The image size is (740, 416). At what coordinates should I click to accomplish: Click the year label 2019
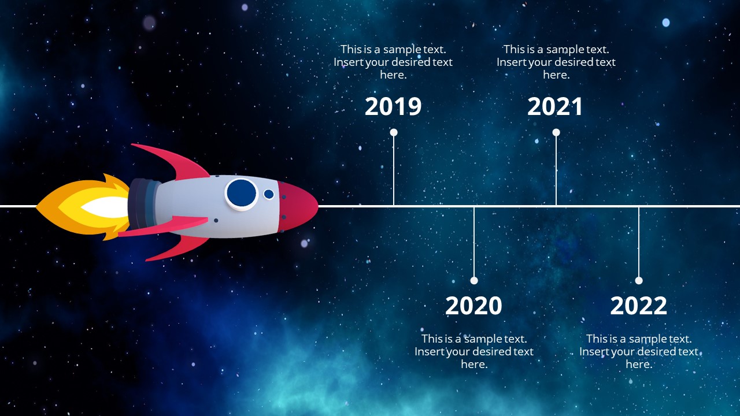(x=393, y=107)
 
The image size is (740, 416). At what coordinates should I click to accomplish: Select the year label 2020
(x=473, y=306)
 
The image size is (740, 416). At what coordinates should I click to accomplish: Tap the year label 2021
(x=555, y=107)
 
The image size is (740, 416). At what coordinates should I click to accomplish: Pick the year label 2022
(x=638, y=306)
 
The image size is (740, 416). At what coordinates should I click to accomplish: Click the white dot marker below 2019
(x=394, y=132)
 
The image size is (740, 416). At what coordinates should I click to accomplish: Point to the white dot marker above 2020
(x=474, y=280)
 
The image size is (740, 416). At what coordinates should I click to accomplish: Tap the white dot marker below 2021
(x=556, y=132)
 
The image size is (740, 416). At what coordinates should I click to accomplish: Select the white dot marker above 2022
(x=639, y=280)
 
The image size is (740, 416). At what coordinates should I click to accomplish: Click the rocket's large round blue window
(x=241, y=193)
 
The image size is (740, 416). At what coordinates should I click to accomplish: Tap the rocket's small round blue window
(x=269, y=194)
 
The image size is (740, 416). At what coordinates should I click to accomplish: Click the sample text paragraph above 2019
(x=393, y=62)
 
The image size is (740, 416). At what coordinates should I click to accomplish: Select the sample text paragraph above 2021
(x=556, y=62)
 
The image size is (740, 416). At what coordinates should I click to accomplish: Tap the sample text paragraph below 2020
(x=474, y=351)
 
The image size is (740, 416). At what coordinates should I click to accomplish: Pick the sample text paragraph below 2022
(x=639, y=351)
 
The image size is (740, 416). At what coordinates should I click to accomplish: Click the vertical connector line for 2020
(x=474, y=243)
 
